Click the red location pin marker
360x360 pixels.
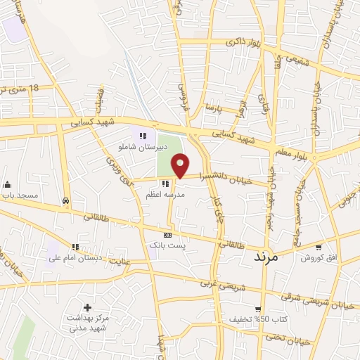tap(181, 165)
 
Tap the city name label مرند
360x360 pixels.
tap(266, 258)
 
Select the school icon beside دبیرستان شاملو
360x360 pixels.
tap(143, 136)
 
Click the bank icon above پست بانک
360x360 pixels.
tap(167, 234)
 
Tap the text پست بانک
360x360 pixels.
tap(166, 245)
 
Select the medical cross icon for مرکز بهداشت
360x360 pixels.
tap(87, 307)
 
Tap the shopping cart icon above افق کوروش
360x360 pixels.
tap(319, 247)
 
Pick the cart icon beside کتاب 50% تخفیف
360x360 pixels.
tap(258, 309)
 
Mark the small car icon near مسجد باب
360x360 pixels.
tap(65, 200)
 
